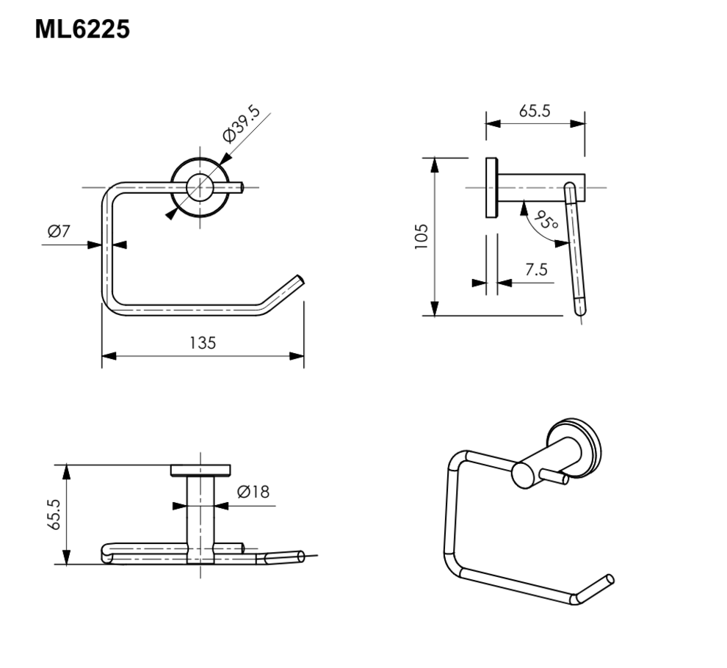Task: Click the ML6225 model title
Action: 82,29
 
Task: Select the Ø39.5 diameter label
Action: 241,123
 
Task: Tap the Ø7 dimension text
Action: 59,230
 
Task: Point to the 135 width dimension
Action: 203,343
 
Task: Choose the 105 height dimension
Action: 421,237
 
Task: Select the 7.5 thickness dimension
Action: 537,269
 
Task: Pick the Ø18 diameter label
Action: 253,491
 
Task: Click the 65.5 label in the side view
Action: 535,112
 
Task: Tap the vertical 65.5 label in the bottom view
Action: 54,514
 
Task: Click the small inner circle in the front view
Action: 200,187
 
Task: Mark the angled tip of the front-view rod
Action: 300,280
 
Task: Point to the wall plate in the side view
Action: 491,188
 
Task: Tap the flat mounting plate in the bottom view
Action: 200,470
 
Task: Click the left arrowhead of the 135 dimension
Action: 109,356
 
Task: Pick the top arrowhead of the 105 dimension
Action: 435,165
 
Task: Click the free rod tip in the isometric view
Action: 610,579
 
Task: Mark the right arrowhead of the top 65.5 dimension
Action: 578,123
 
